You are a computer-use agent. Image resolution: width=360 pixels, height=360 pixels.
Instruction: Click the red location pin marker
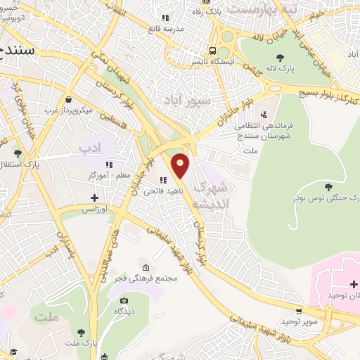click(x=181, y=166)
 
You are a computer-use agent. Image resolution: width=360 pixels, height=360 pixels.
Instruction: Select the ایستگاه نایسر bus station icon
click(x=212, y=50)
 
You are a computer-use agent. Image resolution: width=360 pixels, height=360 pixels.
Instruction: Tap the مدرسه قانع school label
click(x=165, y=29)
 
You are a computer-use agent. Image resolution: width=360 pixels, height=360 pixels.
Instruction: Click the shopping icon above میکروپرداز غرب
click(x=67, y=100)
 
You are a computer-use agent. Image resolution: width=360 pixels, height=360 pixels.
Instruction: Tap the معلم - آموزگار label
click(x=89, y=174)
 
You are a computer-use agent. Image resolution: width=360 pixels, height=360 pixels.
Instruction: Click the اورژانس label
click(x=98, y=210)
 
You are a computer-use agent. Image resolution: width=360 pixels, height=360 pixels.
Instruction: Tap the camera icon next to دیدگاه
click(x=124, y=301)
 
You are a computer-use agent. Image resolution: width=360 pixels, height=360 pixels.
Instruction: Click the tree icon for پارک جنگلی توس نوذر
click(x=329, y=185)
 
